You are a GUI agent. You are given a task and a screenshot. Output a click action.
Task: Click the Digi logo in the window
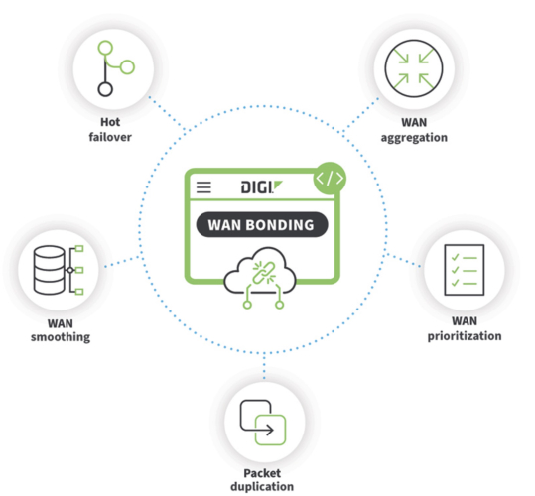click(262, 187)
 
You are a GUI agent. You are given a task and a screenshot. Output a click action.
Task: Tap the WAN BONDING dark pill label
click(262, 224)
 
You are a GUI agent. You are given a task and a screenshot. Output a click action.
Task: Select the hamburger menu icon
click(203, 187)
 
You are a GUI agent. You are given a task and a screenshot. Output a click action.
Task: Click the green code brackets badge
click(330, 179)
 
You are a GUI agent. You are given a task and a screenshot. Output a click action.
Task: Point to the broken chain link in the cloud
click(264, 273)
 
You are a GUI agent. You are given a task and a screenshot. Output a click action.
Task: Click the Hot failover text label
click(110, 130)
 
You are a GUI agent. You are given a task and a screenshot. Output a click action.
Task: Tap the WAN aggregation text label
click(414, 130)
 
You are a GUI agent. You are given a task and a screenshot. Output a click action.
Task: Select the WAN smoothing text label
click(61, 330)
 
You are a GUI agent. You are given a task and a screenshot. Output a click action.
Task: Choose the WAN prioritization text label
click(465, 328)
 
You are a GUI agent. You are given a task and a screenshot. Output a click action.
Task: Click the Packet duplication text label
click(262, 480)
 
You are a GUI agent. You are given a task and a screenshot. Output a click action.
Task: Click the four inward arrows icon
click(414, 68)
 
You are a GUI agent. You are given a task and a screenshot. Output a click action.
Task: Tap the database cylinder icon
click(50, 270)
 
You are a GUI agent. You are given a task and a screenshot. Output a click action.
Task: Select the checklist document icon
click(465, 270)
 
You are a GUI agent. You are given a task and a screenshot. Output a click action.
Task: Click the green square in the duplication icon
click(271, 430)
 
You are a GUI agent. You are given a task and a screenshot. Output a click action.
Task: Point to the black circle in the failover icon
click(105, 89)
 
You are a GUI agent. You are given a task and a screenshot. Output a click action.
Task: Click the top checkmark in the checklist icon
click(455, 257)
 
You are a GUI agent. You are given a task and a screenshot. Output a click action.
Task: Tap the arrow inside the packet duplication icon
click(265, 430)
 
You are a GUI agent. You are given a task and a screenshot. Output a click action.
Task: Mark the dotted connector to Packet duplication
click(264, 366)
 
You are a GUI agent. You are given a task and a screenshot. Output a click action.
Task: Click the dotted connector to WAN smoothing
click(122, 262)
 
